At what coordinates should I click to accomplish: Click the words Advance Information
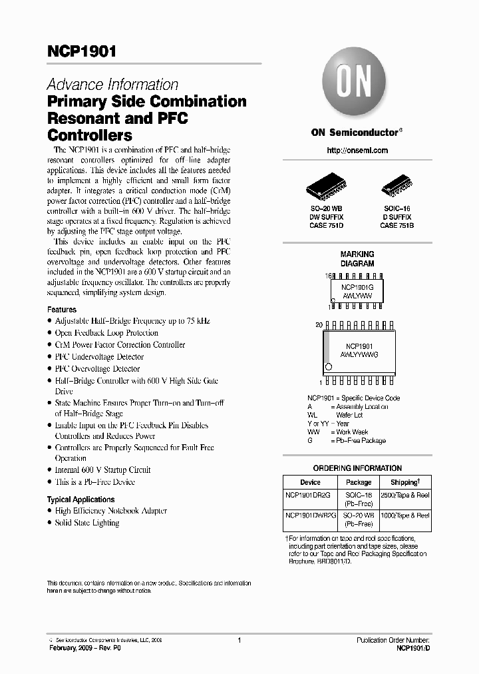pos(112,85)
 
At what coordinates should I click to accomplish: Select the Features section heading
pos(61,310)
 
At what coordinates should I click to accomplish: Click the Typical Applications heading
pos(80,499)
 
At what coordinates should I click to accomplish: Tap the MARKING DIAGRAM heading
pos(357,258)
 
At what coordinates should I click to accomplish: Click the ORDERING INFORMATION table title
pos(357,468)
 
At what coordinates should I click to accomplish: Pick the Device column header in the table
pos(310,482)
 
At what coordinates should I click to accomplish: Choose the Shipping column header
pos(404,482)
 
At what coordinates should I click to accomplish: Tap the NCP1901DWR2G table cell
pos(310,515)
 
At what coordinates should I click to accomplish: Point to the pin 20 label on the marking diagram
pos(319,324)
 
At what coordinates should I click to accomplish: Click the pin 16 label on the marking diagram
pos(328,275)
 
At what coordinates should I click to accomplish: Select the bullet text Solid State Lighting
pos(87,523)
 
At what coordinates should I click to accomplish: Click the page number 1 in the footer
pos(238,640)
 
